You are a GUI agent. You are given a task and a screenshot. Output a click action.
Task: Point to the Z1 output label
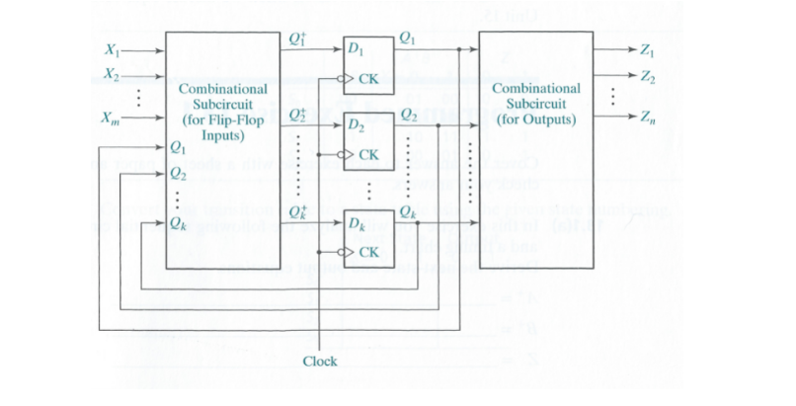click(x=648, y=49)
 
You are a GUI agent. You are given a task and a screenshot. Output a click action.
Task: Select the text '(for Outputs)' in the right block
click(x=536, y=120)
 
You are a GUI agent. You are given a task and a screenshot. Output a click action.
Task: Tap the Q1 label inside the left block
click(x=178, y=149)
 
